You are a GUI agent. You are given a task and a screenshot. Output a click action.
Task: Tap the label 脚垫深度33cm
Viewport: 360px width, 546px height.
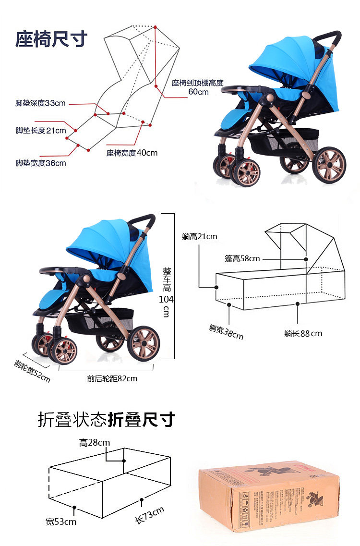[40, 103]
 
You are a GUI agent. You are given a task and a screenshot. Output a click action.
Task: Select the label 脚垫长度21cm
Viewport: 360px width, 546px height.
[41, 131]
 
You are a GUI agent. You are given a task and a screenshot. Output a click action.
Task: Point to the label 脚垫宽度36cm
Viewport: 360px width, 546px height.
[41, 163]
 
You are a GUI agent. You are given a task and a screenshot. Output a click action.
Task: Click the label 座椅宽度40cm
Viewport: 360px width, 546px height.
[132, 153]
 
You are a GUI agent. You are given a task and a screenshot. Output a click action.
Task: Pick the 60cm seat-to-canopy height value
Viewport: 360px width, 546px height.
[198, 92]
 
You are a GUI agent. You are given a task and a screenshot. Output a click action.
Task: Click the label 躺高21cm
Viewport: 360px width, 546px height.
[200, 236]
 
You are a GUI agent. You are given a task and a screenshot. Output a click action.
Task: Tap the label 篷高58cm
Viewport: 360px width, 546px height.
[242, 259]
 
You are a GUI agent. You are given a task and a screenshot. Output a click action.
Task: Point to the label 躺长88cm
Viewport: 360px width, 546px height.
[303, 333]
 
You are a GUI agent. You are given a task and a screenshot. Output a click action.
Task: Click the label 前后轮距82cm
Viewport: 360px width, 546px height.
[112, 378]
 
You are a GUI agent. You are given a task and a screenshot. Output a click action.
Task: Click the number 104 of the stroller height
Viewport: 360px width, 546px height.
[166, 299]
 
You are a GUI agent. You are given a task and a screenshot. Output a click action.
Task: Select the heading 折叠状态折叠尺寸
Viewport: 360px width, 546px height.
[106, 420]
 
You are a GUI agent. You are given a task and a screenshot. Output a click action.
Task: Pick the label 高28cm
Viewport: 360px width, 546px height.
[95, 443]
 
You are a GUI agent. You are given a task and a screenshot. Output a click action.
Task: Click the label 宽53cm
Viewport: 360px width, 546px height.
[61, 522]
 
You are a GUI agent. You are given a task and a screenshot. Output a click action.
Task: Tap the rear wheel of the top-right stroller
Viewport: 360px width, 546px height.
[329, 165]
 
